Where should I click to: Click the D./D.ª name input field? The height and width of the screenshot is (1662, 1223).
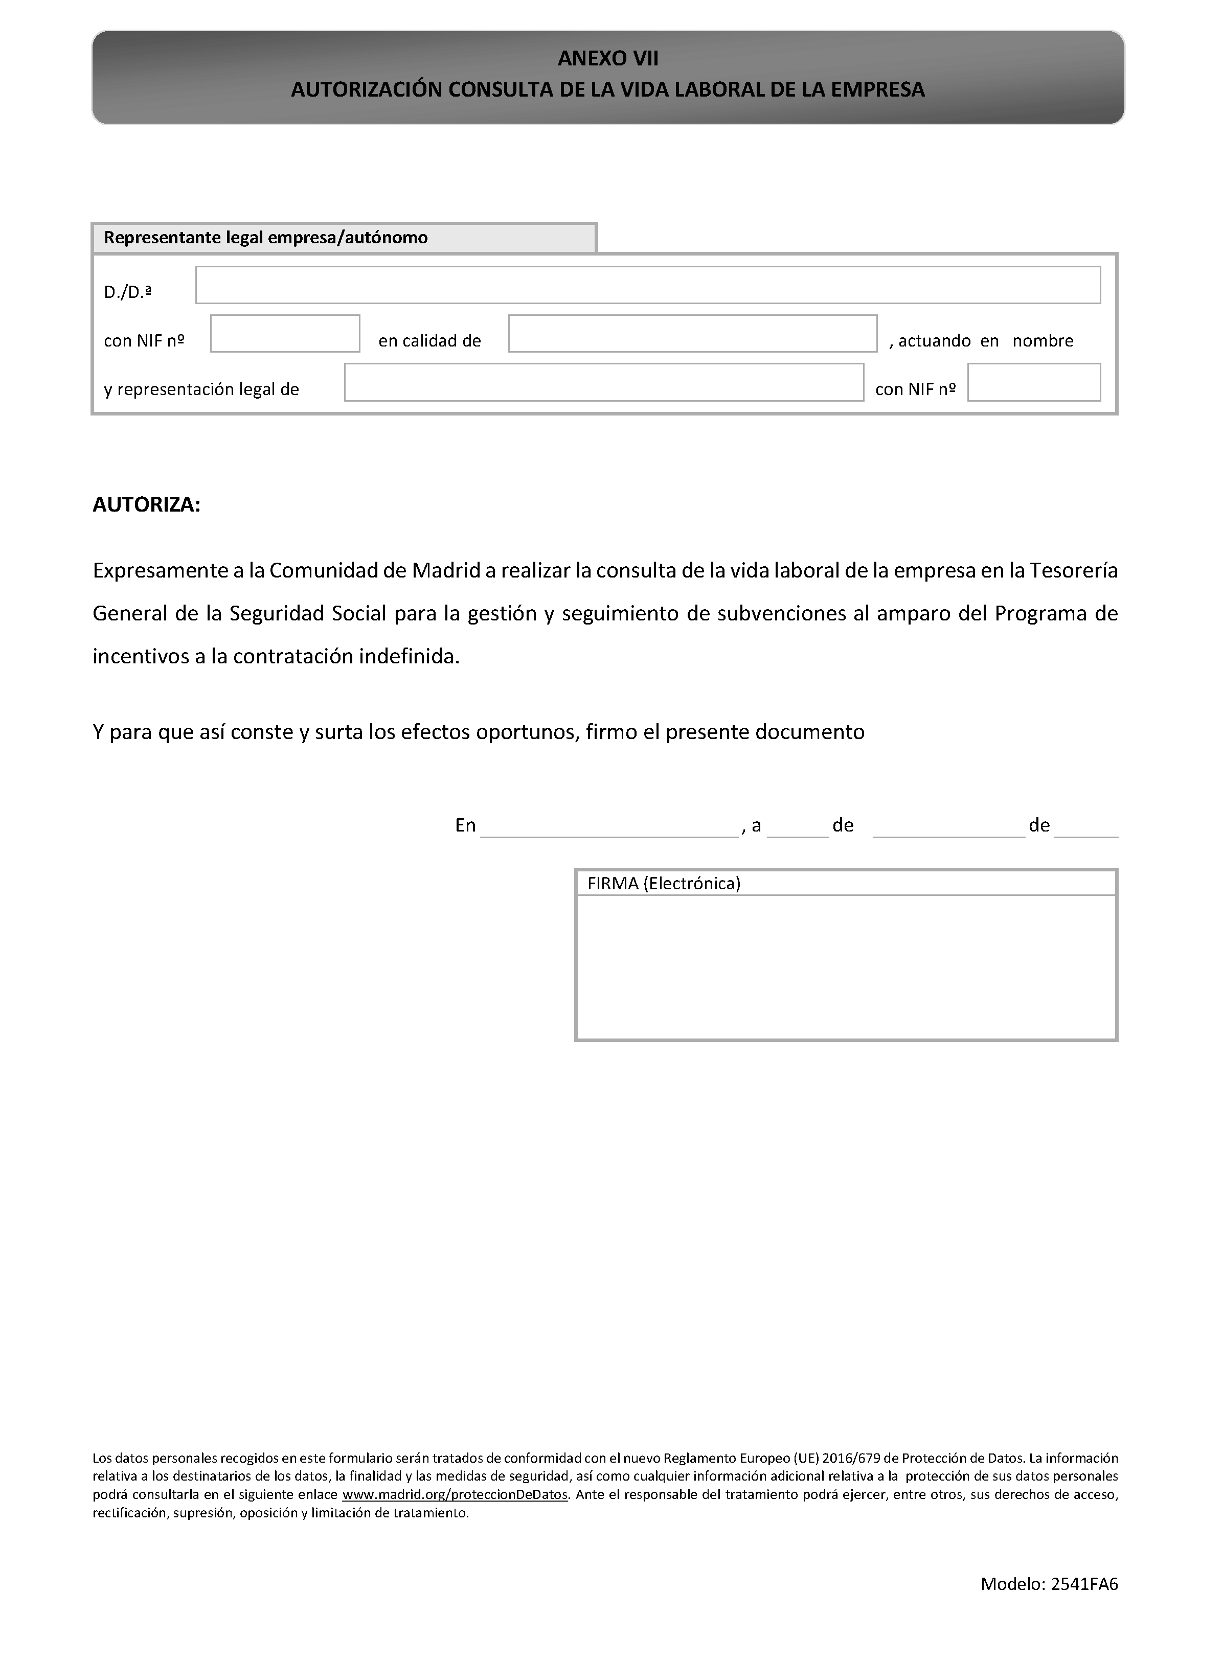(x=648, y=285)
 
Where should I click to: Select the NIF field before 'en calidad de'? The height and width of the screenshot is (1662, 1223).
(x=285, y=334)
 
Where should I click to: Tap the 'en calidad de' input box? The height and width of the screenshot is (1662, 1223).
(x=692, y=334)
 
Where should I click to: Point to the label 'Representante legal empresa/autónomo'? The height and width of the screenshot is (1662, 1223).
(x=266, y=238)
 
